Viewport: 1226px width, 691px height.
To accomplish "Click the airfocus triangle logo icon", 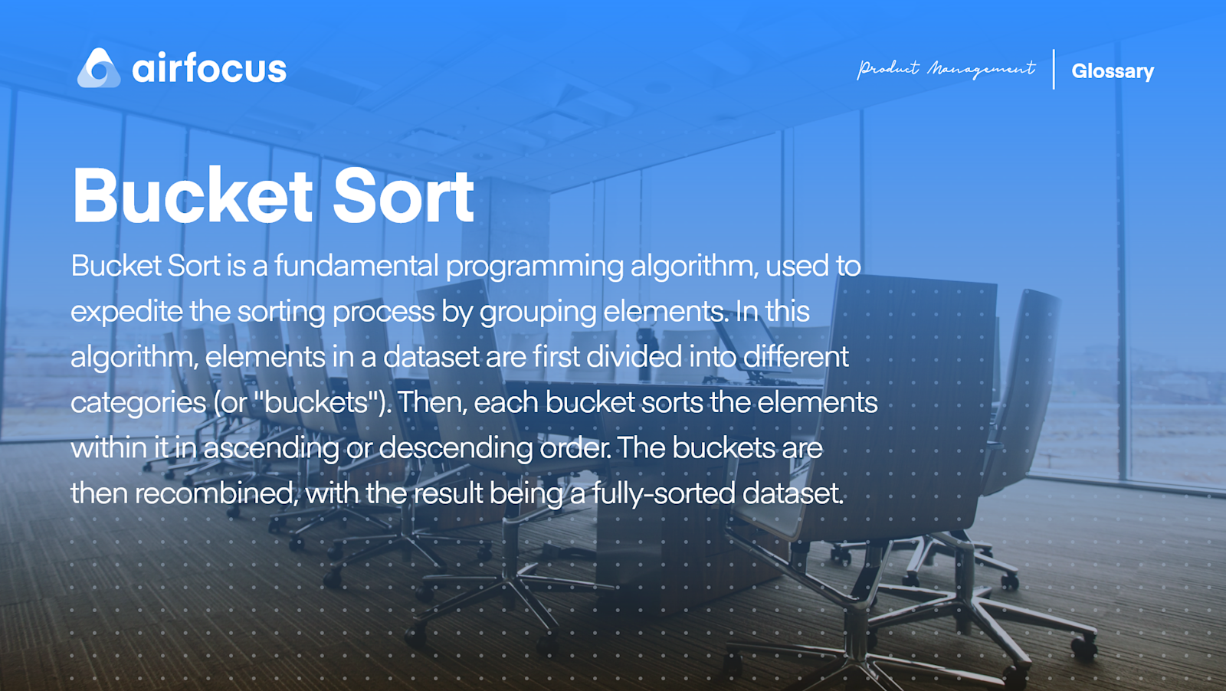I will pyautogui.click(x=99, y=68).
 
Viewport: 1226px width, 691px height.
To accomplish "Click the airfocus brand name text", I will pyautogui.click(x=209, y=69).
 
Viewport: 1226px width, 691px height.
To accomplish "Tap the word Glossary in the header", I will pyautogui.click(x=1112, y=71).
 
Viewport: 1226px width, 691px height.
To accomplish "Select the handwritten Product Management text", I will pyautogui.click(x=946, y=70).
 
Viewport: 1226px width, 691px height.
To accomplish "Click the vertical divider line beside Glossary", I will pyautogui.click(x=1054, y=70).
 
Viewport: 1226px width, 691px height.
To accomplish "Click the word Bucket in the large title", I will pyautogui.click(x=192, y=196).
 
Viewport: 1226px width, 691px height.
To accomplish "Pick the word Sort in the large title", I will pyautogui.click(x=404, y=196).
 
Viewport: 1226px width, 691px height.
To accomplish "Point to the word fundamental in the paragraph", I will pyautogui.click(x=356, y=266).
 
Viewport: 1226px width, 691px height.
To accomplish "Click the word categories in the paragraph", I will pyautogui.click(x=139, y=403).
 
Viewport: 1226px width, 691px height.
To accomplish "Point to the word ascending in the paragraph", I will pyautogui.click(x=270, y=448).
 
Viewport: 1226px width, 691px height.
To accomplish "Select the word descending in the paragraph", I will pyautogui.click(x=456, y=448).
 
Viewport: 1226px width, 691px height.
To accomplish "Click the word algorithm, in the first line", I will pyautogui.click(x=694, y=267).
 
